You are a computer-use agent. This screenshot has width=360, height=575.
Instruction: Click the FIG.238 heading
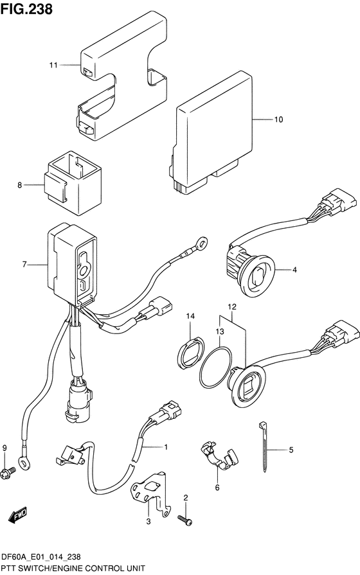(26, 9)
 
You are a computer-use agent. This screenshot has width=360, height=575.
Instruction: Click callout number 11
(53, 66)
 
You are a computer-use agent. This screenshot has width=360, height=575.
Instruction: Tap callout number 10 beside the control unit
(278, 119)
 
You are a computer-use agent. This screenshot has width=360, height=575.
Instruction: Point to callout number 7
(24, 264)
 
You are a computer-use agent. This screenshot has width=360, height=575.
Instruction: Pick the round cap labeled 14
(190, 353)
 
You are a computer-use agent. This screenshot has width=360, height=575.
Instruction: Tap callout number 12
(232, 306)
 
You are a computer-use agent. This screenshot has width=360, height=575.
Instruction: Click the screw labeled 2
(184, 520)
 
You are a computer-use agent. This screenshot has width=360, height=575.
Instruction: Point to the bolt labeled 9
(8, 470)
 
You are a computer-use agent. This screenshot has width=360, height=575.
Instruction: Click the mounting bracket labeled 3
(151, 494)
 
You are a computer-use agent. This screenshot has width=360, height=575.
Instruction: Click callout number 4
(294, 270)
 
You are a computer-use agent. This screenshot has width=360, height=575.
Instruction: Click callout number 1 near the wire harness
(166, 447)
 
